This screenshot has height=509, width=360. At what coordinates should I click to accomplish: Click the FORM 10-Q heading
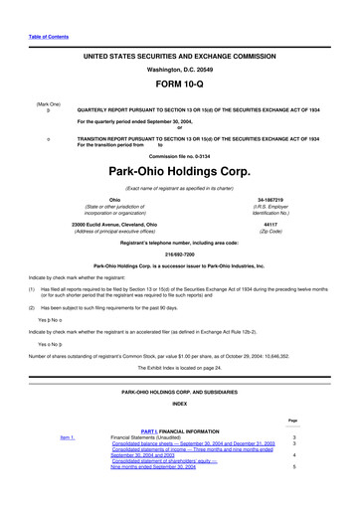(179, 85)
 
